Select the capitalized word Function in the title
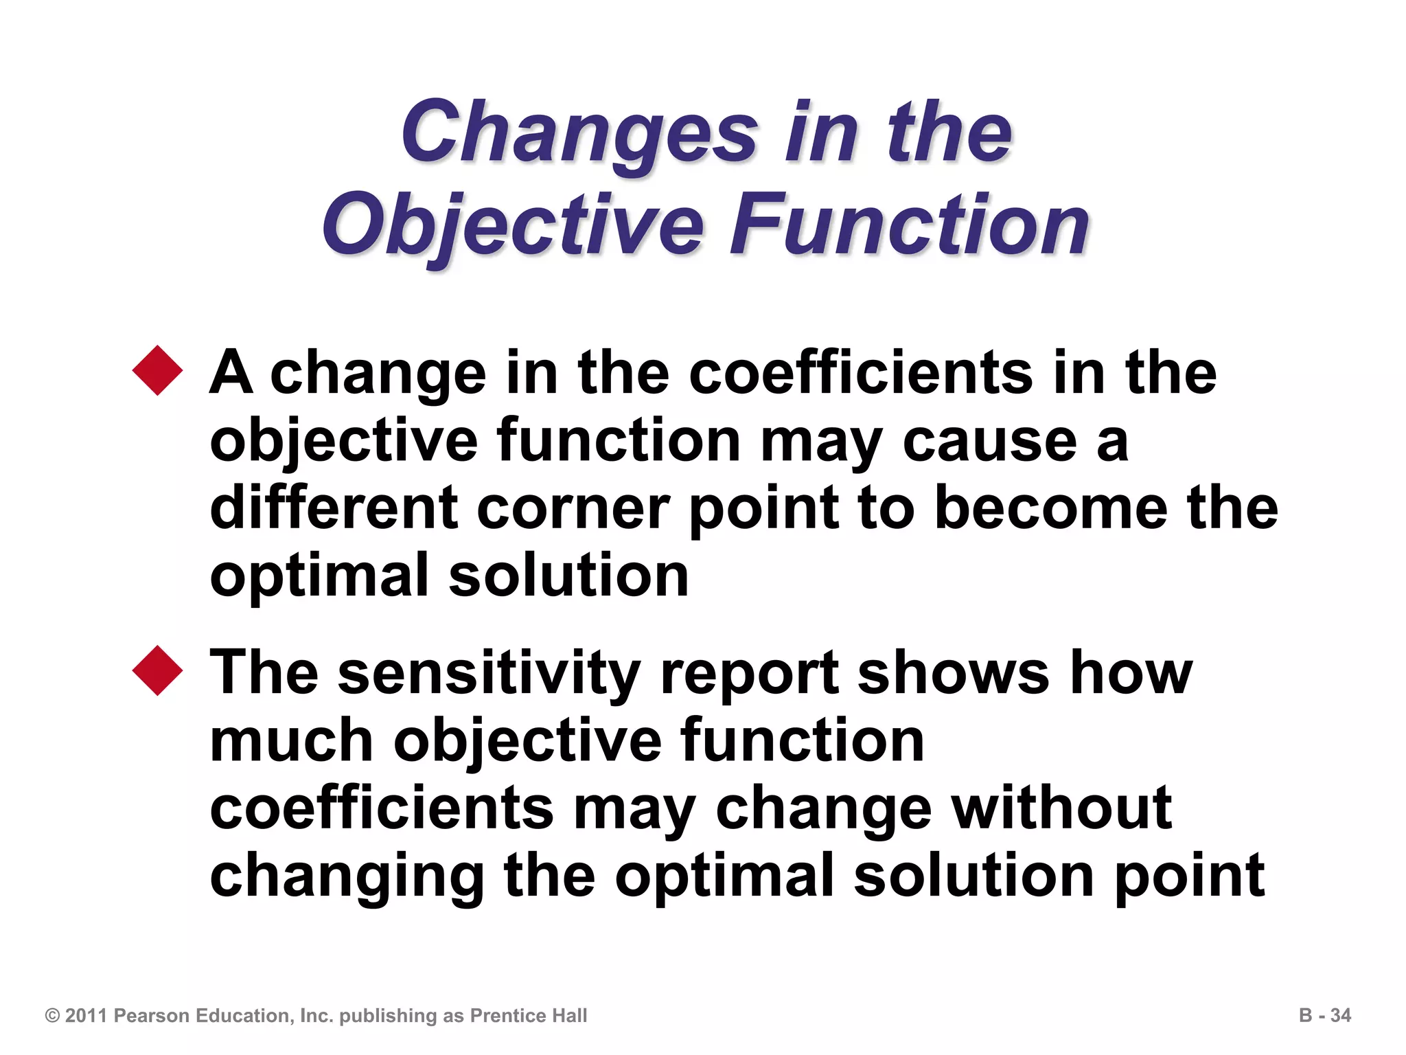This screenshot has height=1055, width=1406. click(x=909, y=225)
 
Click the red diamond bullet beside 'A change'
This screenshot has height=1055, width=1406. click(x=158, y=370)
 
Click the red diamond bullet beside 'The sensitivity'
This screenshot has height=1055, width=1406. click(x=158, y=670)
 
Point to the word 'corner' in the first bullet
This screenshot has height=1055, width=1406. click(x=573, y=508)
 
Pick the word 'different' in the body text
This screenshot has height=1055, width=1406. click(x=334, y=508)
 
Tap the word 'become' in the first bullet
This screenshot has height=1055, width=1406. click(x=1050, y=508)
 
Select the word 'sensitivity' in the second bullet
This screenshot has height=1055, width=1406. click(x=489, y=673)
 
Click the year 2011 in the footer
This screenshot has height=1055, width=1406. click(x=87, y=1016)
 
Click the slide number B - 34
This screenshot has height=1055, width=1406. click(x=1324, y=1016)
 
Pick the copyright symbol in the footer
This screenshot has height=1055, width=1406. click(x=52, y=1016)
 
